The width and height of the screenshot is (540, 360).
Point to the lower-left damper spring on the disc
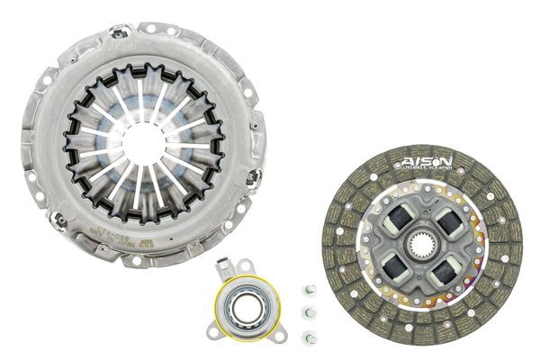point(395,266)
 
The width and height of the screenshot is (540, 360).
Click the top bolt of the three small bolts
point(309,289)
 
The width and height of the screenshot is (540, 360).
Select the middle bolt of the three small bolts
point(309,312)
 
